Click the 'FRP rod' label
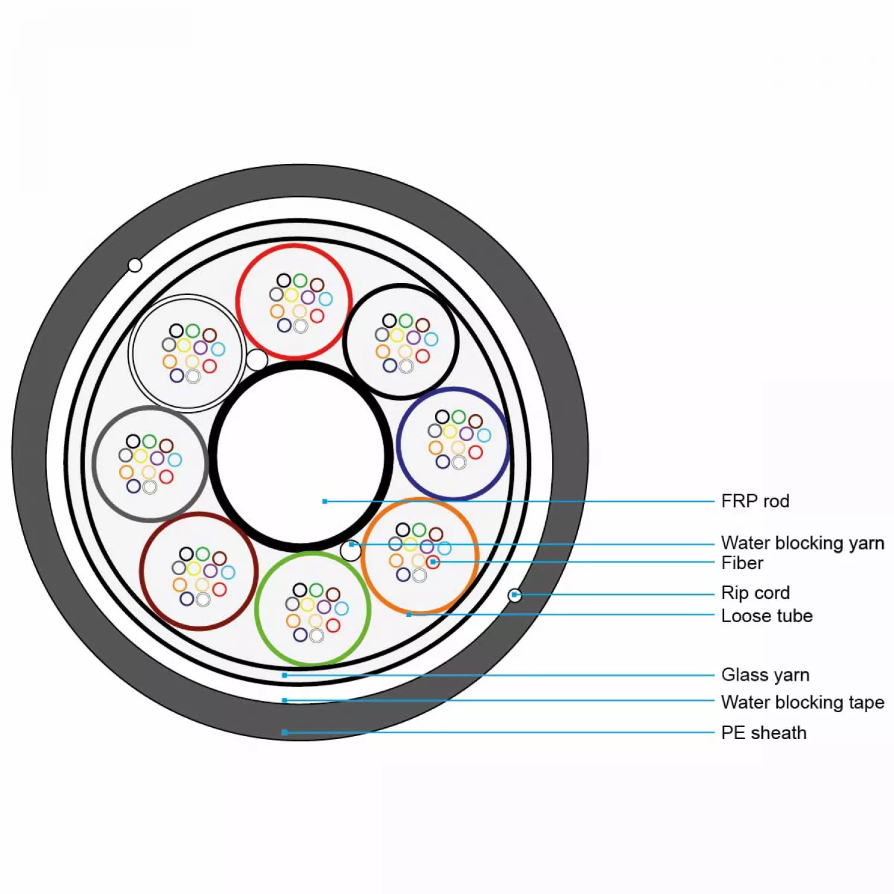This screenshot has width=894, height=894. click(x=755, y=501)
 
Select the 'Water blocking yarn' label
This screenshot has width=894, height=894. click(x=802, y=542)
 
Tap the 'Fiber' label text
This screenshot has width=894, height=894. click(x=742, y=563)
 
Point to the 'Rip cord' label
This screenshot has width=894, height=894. click(x=755, y=592)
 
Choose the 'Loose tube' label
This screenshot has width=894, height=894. click(x=766, y=616)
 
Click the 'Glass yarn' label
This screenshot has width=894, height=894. click(x=765, y=675)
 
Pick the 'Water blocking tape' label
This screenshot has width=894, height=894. click(x=802, y=702)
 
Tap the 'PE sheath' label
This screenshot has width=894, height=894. click(x=763, y=732)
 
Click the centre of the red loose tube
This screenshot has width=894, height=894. click(x=294, y=302)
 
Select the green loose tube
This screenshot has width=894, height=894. click(x=313, y=609)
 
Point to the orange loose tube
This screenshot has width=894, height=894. click(x=420, y=555)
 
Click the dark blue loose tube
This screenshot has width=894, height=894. click(x=453, y=443)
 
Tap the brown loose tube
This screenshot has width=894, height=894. click(x=199, y=572)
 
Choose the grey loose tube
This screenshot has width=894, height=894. click(x=150, y=464)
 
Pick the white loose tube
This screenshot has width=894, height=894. click(x=188, y=353)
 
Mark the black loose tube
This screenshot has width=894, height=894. click(x=401, y=342)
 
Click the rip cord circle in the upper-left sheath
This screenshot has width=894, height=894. click(x=135, y=265)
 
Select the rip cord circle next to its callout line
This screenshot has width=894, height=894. click(x=514, y=595)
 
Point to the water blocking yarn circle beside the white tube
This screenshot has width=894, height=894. click(x=257, y=360)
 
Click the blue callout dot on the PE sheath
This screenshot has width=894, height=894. click(x=285, y=732)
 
